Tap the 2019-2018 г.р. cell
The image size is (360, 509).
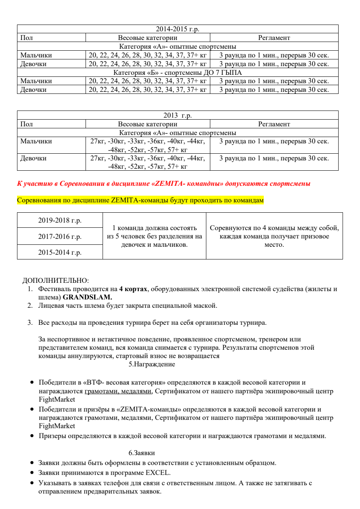click(x=60, y=221)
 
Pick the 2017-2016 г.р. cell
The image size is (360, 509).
click(x=60, y=237)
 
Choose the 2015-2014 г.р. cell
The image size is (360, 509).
click(x=60, y=253)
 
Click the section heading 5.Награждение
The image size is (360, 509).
click(x=152, y=364)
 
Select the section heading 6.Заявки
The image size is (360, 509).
click(x=141, y=452)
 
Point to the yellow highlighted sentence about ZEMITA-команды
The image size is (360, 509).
click(x=140, y=200)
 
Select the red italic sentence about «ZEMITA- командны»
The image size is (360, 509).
click(x=164, y=184)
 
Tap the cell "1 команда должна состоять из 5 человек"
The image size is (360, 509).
click(x=154, y=236)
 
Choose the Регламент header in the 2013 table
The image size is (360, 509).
click(x=274, y=124)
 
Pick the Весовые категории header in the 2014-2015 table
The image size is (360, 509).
click(x=148, y=38)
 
